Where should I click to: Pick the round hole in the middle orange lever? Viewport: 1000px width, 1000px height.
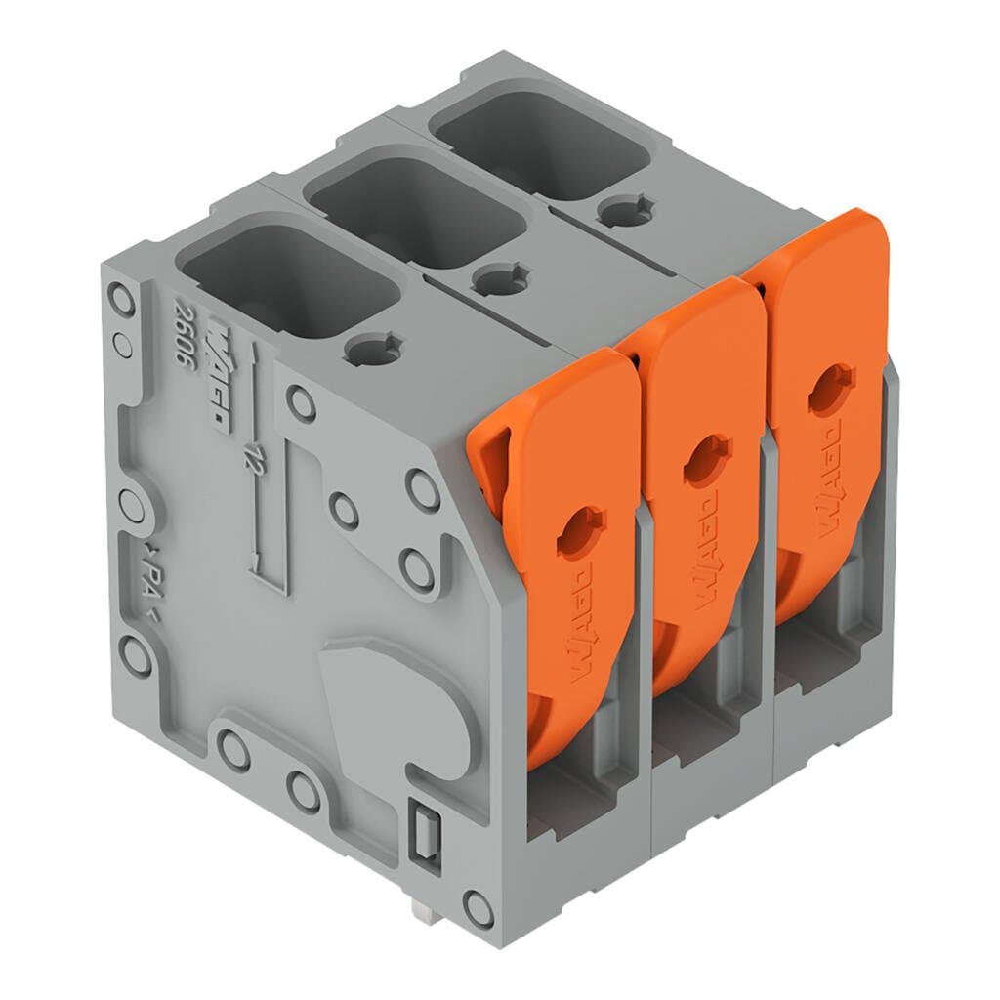pos(706,460)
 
